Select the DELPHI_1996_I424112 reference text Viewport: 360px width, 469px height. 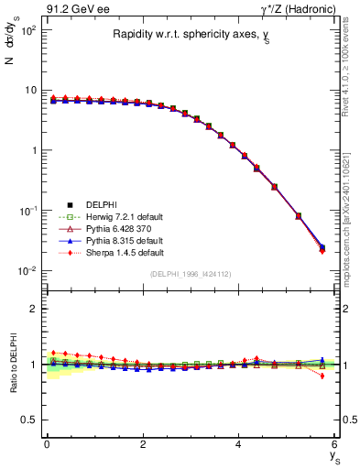(x=191, y=274)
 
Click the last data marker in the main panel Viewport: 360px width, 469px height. (x=322, y=247)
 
